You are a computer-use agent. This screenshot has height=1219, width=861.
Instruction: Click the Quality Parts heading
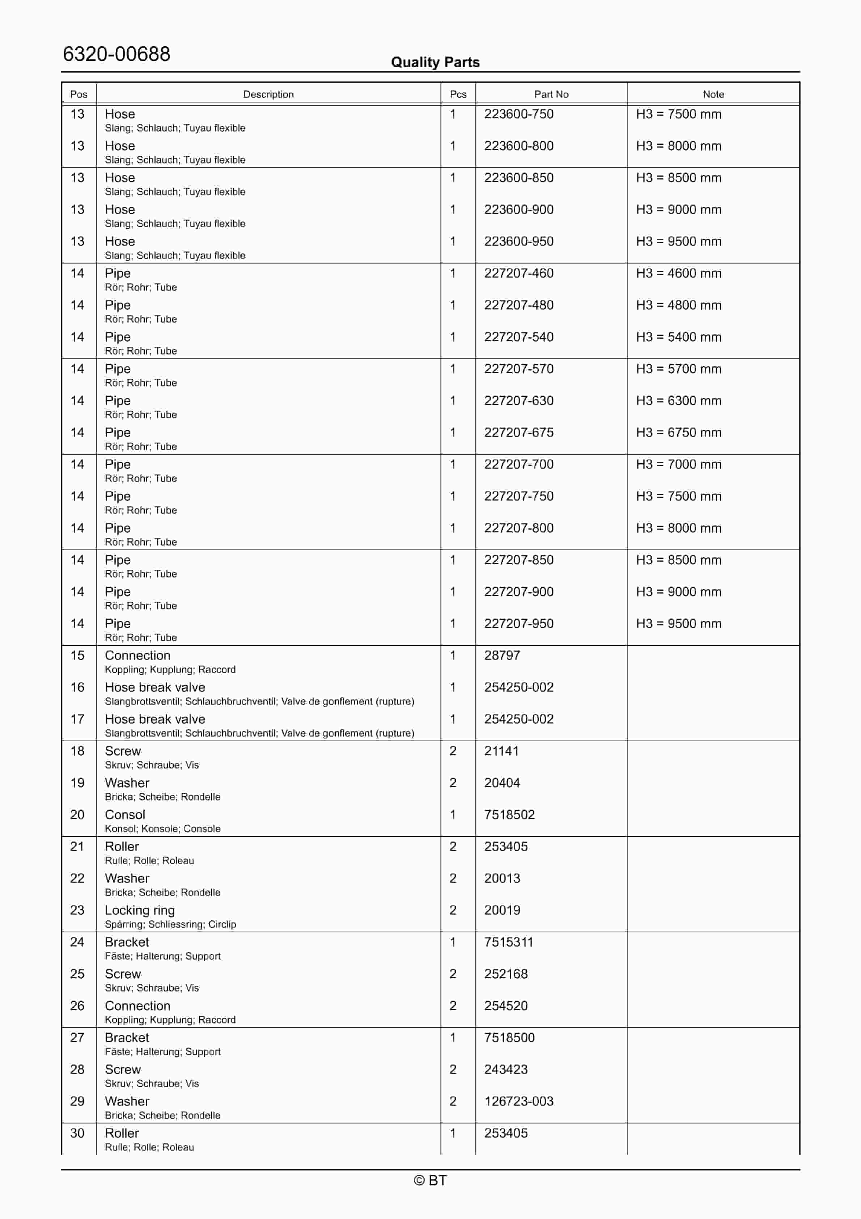(435, 62)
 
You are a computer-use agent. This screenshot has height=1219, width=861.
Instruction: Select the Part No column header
(551, 94)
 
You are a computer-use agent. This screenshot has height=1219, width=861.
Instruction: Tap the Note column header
(713, 94)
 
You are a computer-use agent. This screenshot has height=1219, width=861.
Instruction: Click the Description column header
(268, 94)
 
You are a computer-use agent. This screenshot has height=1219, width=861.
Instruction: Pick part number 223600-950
(519, 241)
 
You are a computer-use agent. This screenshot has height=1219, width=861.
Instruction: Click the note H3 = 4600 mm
(678, 273)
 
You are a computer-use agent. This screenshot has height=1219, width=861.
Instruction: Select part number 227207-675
(519, 433)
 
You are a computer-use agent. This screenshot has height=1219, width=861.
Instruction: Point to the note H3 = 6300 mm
(678, 401)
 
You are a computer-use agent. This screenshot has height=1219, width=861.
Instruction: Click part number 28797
(502, 656)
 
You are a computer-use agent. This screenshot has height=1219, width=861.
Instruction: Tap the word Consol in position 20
(125, 815)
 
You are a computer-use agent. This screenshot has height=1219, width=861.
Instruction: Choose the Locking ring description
(140, 911)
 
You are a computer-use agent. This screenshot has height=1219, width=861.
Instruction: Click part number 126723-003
(519, 1102)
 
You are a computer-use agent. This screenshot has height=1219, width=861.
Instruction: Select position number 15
(77, 656)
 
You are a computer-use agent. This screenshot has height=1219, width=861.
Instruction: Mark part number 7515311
(508, 942)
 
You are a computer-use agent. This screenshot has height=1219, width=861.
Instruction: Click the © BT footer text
(430, 1181)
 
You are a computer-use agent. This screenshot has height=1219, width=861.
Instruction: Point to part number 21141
(501, 751)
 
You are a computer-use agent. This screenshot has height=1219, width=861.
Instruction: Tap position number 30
(77, 1134)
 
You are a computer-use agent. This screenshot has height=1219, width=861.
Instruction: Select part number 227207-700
(519, 465)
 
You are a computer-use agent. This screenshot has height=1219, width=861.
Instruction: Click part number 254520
(505, 1006)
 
